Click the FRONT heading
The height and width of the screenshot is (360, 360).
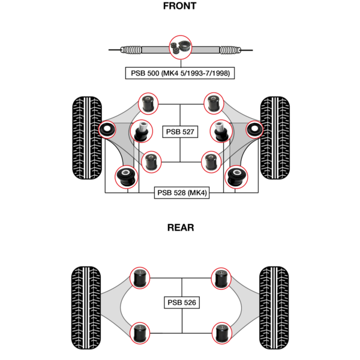179,7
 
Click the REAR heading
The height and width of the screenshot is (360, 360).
180,228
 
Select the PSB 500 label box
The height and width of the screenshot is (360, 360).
180,73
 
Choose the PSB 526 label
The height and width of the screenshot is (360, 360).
181,303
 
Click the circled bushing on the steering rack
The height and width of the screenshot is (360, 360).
181,47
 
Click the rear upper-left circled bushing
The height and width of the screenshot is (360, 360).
142,278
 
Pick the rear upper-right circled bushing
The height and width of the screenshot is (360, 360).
220,278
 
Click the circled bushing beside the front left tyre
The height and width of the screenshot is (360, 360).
109,129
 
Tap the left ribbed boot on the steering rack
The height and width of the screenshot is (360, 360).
134,50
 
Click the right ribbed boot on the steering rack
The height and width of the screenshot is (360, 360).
229,50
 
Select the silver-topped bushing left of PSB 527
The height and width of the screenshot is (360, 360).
142,128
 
